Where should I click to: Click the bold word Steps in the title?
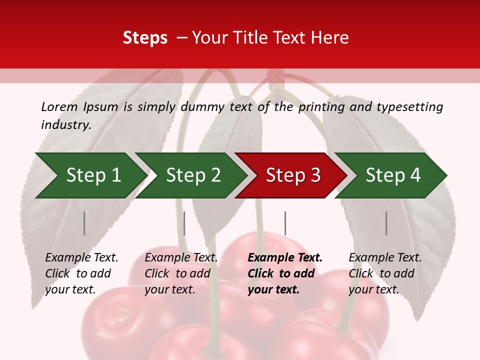(145, 38)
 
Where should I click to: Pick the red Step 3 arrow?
(293, 175)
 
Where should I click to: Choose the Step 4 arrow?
(393, 175)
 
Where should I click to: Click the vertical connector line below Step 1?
(84, 223)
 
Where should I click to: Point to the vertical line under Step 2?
(184, 223)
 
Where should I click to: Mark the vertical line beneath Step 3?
(285, 223)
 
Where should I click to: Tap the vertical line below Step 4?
(386, 223)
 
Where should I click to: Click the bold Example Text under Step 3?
(285, 258)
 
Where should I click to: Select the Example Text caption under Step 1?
(81, 258)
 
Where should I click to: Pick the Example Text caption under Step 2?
(181, 258)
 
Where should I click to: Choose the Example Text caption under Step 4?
(385, 258)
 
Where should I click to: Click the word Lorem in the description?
(59, 106)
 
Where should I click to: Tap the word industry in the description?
(65, 125)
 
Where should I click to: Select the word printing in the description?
(321, 107)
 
